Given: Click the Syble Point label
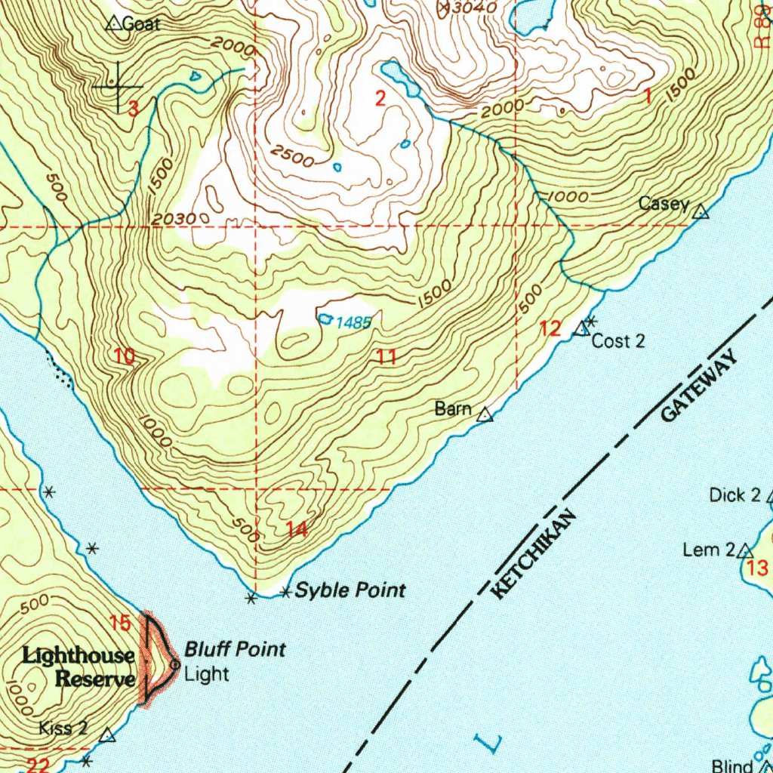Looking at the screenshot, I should (350, 590).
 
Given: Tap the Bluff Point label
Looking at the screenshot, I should (236, 648).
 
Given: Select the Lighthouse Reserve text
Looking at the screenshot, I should (79, 667).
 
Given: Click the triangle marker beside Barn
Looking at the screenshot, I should (485, 414).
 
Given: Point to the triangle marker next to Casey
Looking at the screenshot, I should (701, 212).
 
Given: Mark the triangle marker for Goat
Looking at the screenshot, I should (113, 23).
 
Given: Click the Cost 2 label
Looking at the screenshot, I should (618, 341).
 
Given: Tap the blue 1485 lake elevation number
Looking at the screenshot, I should (353, 323).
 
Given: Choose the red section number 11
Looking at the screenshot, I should (387, 357).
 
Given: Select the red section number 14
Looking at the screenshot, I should (297, 530).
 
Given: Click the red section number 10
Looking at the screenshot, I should (125, 357).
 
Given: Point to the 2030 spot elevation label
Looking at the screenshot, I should (174, 219).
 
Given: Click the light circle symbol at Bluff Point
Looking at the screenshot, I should (175, 664).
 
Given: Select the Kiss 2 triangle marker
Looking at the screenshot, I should (108, 735).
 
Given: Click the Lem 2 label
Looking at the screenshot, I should (708, 550).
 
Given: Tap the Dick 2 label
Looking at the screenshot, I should (735, 495).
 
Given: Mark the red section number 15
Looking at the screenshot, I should (120, 624).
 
